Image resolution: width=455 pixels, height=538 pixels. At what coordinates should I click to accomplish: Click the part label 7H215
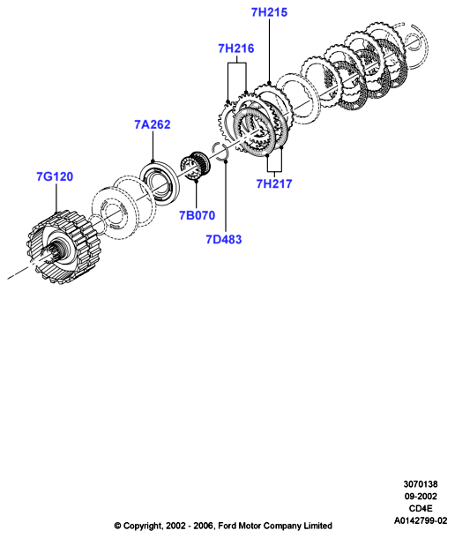pyautogui.click(x=269, y=12)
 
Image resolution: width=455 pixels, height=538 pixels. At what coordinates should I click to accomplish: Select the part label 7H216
pyautogui.click(x=236, y=49)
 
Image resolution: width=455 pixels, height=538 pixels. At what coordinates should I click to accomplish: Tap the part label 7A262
pyautogui.click(x=153, y=124)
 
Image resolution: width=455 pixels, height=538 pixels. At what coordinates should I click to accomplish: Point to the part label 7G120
pyautogui.click(x=55, y=176)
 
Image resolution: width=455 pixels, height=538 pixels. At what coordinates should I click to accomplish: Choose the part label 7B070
pyautogui.click(x=197, y=215)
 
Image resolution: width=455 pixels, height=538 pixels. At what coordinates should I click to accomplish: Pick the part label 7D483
pyautogui.click(x=224, y=240)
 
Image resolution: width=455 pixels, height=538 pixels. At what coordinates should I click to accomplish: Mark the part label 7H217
pyautogui.click(x=274, y=184)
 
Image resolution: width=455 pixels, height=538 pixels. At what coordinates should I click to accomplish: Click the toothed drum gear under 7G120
pyautogui.click(x=62, y=246)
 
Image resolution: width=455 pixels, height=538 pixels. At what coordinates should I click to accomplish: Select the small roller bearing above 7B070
pyautogui.click(x=196, y=166)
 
